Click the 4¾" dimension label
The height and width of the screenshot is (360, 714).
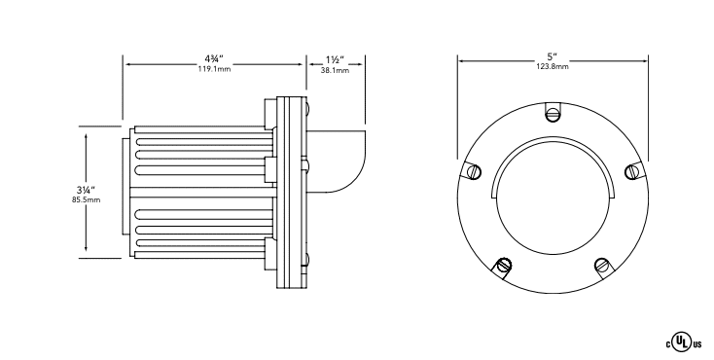(x=214, y=59)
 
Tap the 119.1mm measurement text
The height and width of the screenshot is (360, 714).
(x=214, y=70)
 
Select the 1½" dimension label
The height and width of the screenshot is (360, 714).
(x=335, y=59)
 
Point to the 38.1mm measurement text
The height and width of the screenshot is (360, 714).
(x=335, y=71)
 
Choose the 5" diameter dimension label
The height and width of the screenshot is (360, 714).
(x=553, y=57)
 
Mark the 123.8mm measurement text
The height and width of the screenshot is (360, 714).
(x=553, y=67)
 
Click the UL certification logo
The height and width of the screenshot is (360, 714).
(x=684, y=343)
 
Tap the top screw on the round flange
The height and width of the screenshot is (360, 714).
(x=553, y=114)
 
